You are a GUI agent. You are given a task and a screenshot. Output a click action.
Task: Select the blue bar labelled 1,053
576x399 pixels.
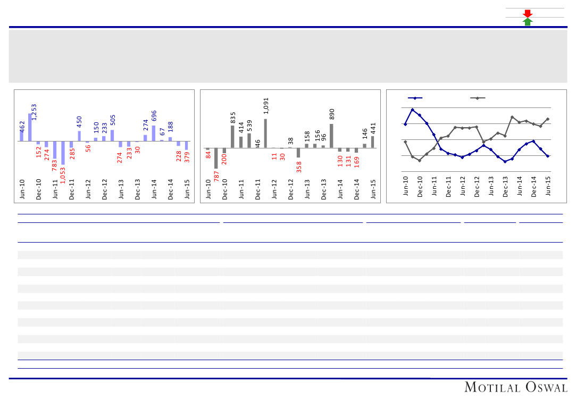[x=63, y=153]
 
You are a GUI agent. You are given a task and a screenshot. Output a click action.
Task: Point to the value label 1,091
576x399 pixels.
[x=266, y=105]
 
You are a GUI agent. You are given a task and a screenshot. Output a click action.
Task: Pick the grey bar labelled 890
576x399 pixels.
[x=331, y=136]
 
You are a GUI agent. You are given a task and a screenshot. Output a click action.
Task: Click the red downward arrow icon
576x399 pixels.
[x=528, y=13]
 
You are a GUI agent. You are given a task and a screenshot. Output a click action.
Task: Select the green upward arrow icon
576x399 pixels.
[x=528, y=21]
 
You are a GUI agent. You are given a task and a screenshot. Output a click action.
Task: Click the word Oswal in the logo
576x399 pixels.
[x=540, y=387]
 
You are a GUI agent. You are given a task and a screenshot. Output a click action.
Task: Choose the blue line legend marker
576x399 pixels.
[x=415, y=98]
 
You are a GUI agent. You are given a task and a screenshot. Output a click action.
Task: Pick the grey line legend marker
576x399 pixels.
[x=478, y=98]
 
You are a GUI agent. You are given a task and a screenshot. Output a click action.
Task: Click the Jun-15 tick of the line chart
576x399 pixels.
[x=548, y=186]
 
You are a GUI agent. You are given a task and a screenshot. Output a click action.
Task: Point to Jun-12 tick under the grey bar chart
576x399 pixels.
[x=274, y=189]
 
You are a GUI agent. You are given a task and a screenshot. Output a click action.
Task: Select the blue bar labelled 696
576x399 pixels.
[x=154, y=134]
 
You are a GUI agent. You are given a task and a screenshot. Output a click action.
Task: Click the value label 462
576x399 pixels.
[x=22, y=127]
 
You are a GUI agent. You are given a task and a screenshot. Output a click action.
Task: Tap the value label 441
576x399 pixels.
[x=373, y=128]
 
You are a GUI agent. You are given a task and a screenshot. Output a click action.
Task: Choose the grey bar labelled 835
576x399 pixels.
[x=233, y=137]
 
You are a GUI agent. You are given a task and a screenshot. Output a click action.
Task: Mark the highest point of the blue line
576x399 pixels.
[x=413, y=110]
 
